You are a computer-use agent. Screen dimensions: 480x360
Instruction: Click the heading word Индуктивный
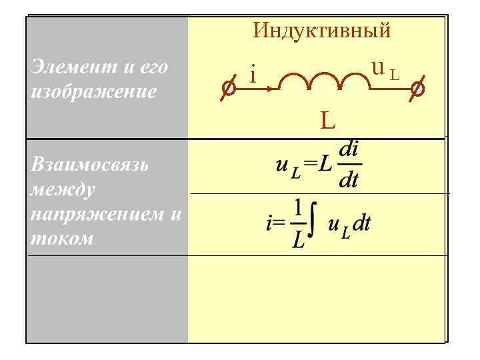coord(322,31)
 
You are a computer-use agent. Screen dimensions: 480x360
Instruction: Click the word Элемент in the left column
coord(65,67)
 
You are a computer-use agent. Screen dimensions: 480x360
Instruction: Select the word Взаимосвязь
coord(85,165)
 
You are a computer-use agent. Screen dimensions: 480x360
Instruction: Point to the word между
coord(63,189)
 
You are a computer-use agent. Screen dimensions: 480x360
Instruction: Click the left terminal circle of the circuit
coord(227,88)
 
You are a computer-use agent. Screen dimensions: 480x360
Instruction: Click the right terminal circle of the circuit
coord(417,88)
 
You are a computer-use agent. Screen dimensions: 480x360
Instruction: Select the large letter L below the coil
coord(327,120)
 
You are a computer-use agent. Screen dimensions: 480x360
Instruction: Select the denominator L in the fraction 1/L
coord(299,240)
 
